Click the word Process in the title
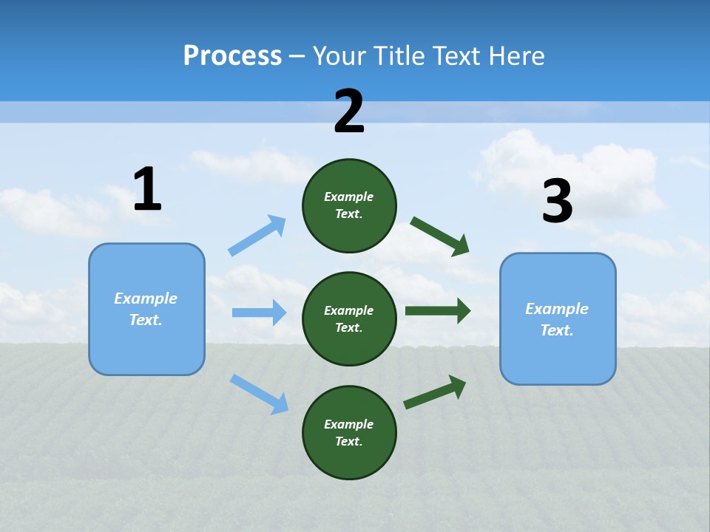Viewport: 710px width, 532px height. pos(232,56)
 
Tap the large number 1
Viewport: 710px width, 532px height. pos(147,190)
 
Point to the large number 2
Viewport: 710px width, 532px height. pos(349,112)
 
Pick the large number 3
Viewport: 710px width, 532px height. pos(557,202)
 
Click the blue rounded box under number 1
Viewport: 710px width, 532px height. pos(146,309)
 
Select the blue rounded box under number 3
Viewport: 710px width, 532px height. pos(558,318)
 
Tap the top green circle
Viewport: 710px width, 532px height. pos(349,205)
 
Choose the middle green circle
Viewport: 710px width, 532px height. pos(349,318)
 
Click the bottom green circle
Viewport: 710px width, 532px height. pos(349,432)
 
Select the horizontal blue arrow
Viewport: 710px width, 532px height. pos(259,313)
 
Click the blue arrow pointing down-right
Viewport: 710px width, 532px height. pos(259,394)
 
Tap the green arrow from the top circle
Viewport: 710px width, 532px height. pos(440,236)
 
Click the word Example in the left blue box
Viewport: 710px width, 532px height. pos(146,299)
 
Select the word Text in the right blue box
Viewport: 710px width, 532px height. pos(556,330)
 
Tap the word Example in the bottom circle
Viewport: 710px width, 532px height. pos(348,424)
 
